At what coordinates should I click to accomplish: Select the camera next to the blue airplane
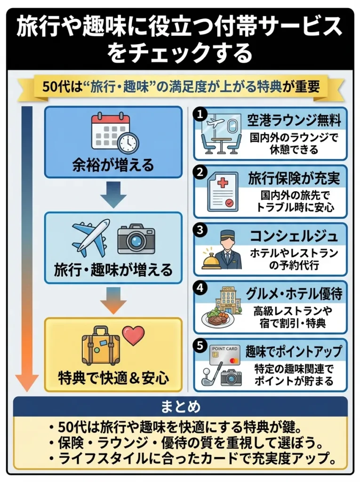(136, 239)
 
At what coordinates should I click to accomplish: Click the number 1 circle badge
(200, 114)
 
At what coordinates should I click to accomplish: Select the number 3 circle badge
(200, 230)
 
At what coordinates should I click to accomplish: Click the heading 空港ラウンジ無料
(295, 120)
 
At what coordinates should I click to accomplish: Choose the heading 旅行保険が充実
(295, 178)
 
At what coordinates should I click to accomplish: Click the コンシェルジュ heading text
(295, 236)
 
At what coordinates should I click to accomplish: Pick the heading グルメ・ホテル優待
(295, 294)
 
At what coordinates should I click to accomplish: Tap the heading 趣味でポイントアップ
(295, 352)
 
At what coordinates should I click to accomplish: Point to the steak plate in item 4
(218, 319)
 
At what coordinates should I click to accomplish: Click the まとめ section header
(180, 406)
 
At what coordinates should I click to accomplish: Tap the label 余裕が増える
(112, 165)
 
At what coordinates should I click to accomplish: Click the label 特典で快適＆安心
(112, 378)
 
